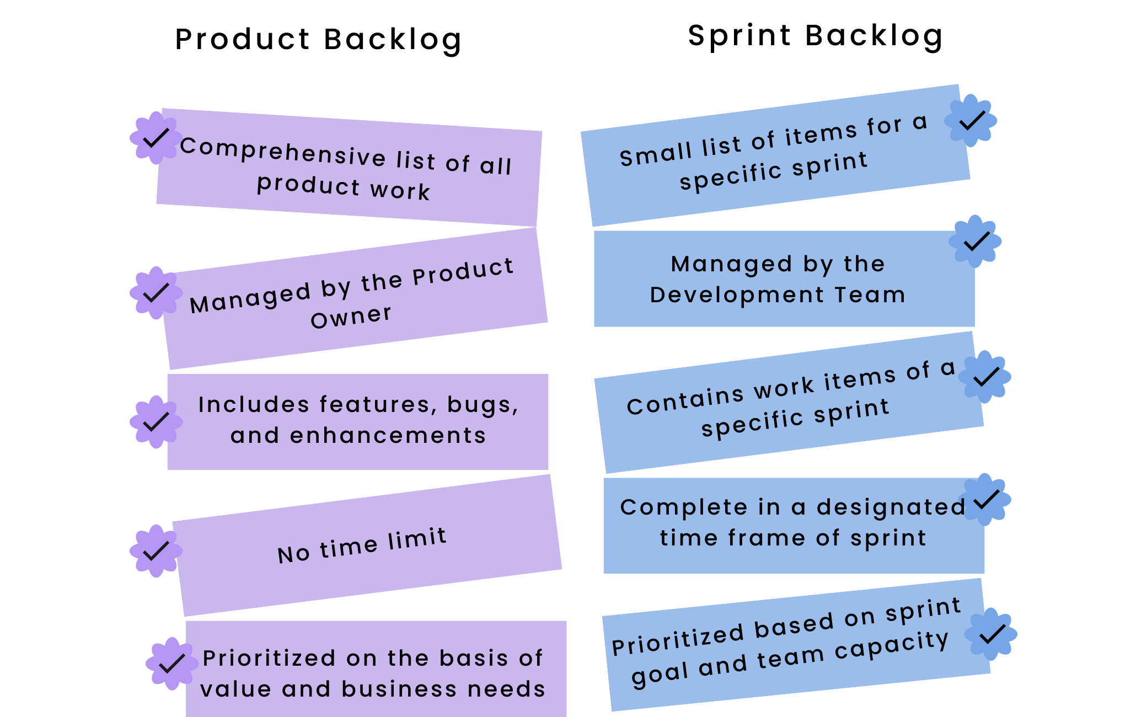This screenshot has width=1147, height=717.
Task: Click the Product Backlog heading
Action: point(318,40)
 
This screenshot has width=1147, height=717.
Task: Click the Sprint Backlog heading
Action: point(816,36)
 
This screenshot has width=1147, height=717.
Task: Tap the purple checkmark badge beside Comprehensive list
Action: point(156,138)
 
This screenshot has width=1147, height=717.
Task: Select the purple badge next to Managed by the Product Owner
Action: point(156,293)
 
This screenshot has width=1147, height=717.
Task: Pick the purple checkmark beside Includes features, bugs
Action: point(156,422)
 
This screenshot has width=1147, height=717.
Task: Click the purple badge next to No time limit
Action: point(156,551)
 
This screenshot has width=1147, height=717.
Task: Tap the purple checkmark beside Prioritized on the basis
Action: point(172,664)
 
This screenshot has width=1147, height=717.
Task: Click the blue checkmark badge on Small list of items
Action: point(971,121)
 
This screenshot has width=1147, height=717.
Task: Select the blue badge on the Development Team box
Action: point(975,242)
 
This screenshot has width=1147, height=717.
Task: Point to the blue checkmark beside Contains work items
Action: point(985,377)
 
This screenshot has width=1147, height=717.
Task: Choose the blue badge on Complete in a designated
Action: point(985,500)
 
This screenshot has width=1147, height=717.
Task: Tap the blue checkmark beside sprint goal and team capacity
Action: point(991,634)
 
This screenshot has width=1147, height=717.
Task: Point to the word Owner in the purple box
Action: point(351,317)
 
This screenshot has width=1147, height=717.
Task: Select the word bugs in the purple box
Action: point(483,405)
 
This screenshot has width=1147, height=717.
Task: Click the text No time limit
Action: point(362,545)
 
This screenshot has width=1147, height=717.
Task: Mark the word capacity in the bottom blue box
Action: point(892,645)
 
